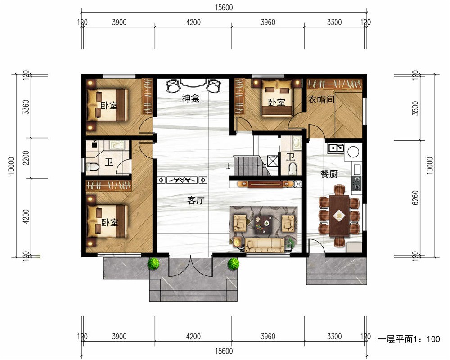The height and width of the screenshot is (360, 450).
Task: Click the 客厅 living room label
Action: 196,200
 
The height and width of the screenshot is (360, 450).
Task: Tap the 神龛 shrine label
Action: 190,99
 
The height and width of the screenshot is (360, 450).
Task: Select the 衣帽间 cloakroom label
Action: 321,99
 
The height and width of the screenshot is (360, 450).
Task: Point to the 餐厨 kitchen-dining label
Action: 329,174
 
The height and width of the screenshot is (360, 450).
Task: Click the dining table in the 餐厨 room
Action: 339,216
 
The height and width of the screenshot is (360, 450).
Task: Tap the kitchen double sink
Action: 336,148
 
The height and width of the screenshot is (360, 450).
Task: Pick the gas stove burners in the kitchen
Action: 357,184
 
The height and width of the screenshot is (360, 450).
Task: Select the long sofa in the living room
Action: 265,245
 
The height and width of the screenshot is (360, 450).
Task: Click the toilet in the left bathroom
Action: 92,166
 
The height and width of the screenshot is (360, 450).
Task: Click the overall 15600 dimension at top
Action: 224,8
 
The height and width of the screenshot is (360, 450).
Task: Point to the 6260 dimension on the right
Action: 415,198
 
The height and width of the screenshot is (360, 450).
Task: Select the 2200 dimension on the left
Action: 26,157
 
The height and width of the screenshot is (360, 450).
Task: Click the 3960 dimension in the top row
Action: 268,22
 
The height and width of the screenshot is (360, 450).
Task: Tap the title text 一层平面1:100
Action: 409,339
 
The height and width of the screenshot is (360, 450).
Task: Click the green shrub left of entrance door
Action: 153,264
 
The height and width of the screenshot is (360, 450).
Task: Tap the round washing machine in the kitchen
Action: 353,152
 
